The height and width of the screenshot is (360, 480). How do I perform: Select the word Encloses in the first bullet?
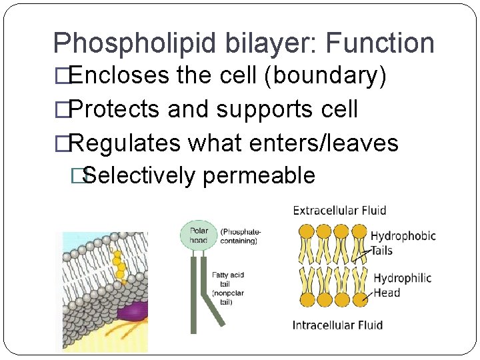pos(119,75)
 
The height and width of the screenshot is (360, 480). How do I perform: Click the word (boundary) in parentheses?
pos(325,75)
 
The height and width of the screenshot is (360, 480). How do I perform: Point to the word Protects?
pos(115,109)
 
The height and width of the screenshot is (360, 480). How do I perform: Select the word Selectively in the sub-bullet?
pos(141,175)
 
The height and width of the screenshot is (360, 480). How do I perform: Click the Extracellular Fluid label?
pos(339,211)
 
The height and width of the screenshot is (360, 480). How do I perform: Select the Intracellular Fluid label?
pos(337,325)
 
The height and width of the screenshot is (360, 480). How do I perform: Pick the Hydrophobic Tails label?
pos(403,243)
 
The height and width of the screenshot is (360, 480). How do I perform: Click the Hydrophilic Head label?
pos(402,285)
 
